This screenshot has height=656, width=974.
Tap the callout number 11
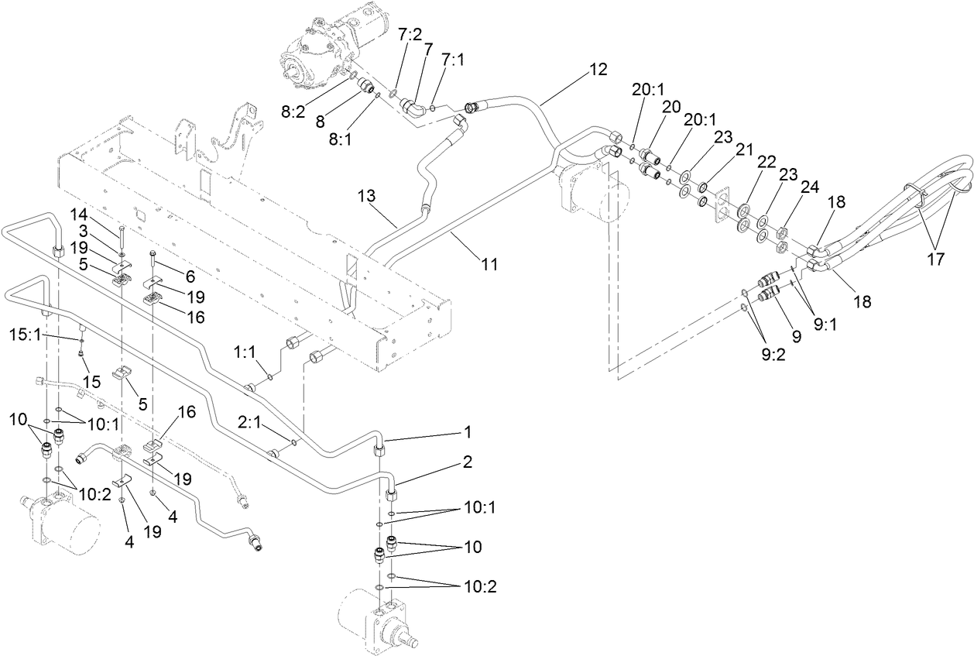click(x=488, y=265)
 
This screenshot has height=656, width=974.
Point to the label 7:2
click(x=410, y=35)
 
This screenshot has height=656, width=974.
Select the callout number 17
click(x=935, y=259)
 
